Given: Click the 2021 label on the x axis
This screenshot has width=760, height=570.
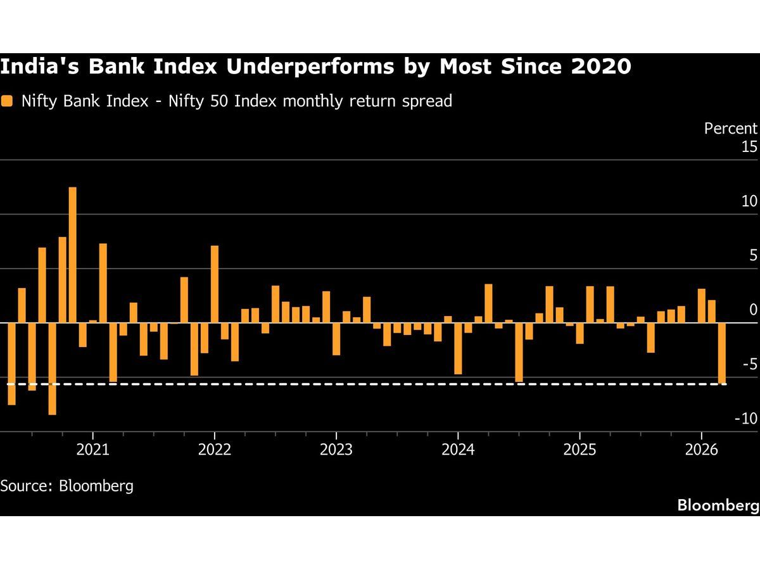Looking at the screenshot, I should point(92,450).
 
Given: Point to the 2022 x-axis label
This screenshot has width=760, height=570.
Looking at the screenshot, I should point(214,450).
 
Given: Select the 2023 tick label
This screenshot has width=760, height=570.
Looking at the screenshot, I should point(336,450).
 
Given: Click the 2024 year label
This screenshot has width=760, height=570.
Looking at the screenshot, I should point(457,450).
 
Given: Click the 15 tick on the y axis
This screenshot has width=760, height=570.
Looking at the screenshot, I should point(749,147).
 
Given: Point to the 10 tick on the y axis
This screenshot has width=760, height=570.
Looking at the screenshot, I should point(749,201).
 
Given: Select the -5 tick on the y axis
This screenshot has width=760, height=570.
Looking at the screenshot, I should point(747,364).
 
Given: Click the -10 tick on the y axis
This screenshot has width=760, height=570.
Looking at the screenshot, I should point(745,419).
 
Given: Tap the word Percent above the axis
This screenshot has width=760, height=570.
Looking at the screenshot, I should point(730,128).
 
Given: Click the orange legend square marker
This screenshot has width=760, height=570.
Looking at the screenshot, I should point(6,101).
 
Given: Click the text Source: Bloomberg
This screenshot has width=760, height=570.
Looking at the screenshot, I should point(67,486).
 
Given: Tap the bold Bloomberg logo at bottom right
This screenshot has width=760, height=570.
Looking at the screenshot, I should point(718,505).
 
